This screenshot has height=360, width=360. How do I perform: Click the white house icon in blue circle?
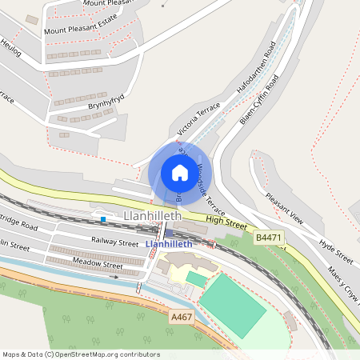click(x=179, y=173)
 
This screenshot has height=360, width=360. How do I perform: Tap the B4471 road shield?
click(x=268, y=238)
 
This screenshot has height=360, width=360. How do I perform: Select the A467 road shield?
click(x=182, y=318)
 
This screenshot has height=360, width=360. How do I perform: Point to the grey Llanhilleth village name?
click(x=154, y=217)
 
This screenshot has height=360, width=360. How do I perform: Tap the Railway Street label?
click(x=114, y=241)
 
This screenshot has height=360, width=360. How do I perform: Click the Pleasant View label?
click(x=286, y=210)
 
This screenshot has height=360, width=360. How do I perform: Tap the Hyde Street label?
click(x=336, y=250)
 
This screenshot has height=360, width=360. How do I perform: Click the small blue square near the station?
click(x=103, y=218)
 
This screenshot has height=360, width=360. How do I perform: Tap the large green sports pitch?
click(x=233, y=306)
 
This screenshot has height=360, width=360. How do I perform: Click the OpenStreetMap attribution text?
click(x=81, y=354)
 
